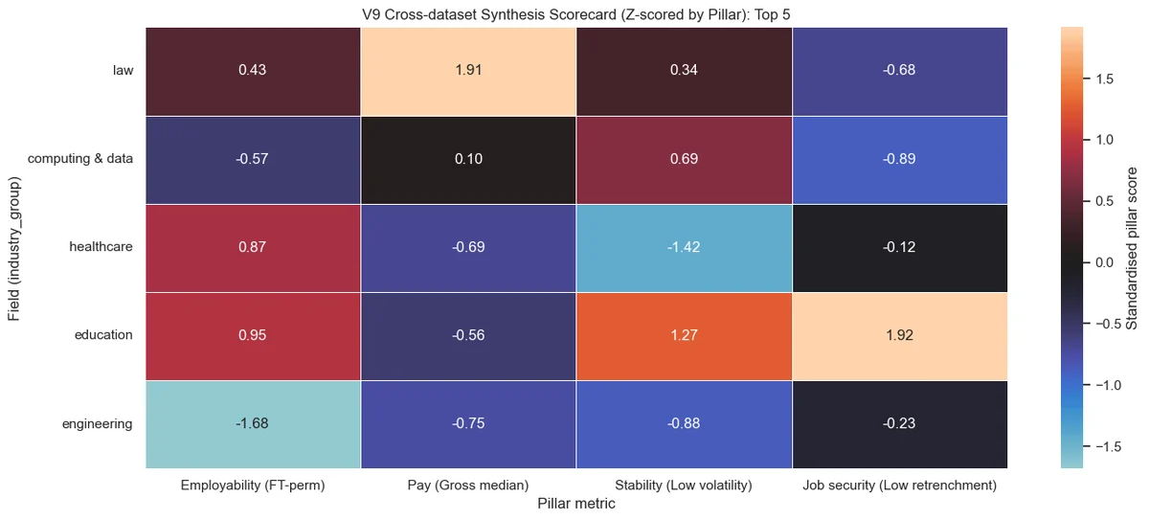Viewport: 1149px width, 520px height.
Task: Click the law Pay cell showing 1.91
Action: [x=468, y=72]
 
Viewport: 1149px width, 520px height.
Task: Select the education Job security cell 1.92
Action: [x=900, y=336]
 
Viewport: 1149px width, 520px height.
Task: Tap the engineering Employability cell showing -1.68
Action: [x=253, y=424]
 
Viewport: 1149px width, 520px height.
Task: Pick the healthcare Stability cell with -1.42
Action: [x=685, y=248]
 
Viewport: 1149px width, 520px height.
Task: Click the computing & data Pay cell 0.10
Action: [x=468, y=160]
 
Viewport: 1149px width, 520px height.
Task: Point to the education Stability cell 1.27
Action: [x=685, y=336]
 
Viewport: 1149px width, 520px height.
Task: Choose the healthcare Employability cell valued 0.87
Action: [x=253, y=248]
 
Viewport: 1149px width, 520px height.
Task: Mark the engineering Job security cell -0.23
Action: [x=900, y=424]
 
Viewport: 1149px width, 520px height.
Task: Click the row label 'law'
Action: [x=124, y=70]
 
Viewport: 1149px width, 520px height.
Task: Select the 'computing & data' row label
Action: [x=80, y=158]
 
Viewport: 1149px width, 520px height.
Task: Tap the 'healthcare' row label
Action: [x=101, y=247]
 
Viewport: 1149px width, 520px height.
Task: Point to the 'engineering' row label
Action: [x=98, y=424]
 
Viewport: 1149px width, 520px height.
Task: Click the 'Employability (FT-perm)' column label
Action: [x=253, y=486]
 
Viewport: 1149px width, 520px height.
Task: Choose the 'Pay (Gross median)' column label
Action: [x=468, y=486]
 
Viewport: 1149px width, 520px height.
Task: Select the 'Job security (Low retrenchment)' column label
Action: [x=900, y=486]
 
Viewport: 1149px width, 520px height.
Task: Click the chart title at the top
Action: [x=576, y=14]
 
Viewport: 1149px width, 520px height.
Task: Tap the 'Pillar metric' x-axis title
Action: [x=576, y=504]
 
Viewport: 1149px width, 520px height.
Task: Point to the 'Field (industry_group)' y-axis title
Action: [x=13, y=249]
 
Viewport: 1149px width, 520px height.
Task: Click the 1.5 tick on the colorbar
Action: [x=1104, y=79]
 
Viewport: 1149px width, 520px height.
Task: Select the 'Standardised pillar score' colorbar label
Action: [x=1131, y=248]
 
